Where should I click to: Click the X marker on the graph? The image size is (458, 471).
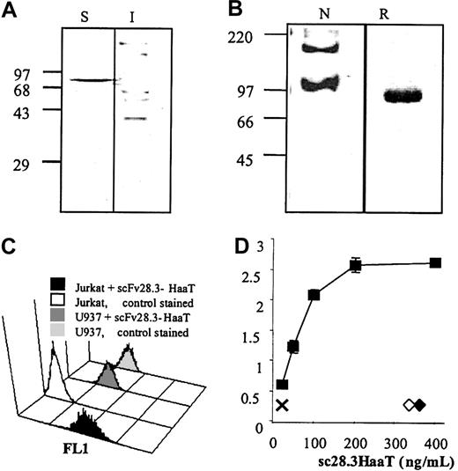[282, 405]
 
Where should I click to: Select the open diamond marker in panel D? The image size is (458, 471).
[409, 405]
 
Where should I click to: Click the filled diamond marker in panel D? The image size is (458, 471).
[420, 405]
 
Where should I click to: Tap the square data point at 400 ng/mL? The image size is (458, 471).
[435, 263]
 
